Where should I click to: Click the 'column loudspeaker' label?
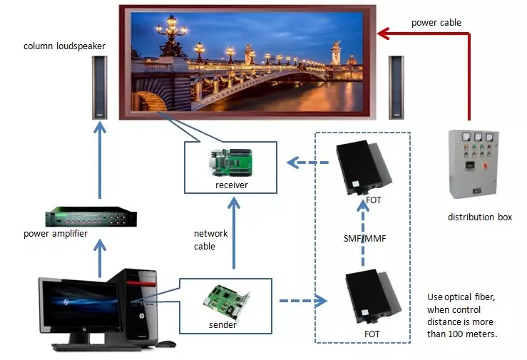(64, 46)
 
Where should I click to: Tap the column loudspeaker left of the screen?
(100, 87)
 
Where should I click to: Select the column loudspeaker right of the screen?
(396, 87)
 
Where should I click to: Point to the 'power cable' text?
(436, 23)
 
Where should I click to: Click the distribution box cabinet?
(474, 164)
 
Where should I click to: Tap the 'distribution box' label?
(480, 217)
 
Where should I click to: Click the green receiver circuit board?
(231, 163)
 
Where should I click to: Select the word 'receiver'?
(232, 185)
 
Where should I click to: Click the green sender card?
(227, 302)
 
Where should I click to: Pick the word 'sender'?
(222, 325)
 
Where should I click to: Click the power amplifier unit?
(91, 217)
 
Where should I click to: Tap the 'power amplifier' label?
(56, 234)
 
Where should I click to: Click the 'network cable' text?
(211, 240)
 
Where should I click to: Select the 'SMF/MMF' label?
(364, 238)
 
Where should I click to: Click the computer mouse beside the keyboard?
(165, 344)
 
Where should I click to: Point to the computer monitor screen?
(81, 304)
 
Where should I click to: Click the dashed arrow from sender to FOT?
(303, 301)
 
